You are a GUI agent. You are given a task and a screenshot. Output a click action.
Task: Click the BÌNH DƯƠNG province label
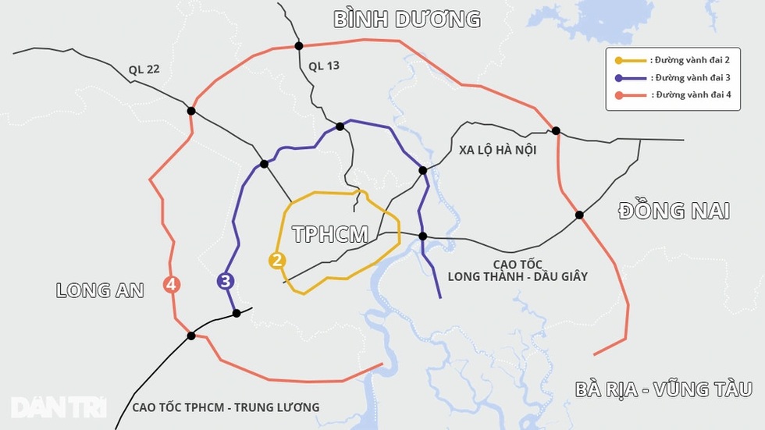pyautogui.click(x=407, y=20)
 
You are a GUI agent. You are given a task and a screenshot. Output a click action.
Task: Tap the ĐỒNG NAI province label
pyautogui.click(x=674, y=211)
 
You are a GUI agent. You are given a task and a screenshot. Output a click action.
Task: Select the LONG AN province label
pyautogui.click(x=100, y=290)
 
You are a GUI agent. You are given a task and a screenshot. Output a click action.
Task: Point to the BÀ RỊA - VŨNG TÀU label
pyautogui.click(x=663, y=389)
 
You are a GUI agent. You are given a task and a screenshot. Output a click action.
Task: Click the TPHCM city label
pyautogui.click(x=329, y=233)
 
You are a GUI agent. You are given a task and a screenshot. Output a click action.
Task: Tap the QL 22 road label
pyautogui.click(x=144, y=69)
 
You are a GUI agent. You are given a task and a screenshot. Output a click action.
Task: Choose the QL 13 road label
pyautogui.click(x=324, y=66)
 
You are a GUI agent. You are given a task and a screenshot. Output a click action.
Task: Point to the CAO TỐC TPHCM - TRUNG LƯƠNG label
pyautogui.click(x=226, y=407)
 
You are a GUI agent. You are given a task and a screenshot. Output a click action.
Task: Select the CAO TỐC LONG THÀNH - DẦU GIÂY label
pyautogui.click(x=518, y=270)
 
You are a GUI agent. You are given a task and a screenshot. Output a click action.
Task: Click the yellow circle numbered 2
pyautogui.click(x=276, y=261)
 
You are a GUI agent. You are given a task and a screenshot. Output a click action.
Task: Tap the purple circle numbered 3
pyautogui.click(x=226, y=282)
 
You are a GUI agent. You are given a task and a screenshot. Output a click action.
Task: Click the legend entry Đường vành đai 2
pyautogui.click(x=673, y=60)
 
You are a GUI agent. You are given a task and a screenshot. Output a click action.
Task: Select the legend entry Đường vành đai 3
pyautogui.click(x=673, y=78)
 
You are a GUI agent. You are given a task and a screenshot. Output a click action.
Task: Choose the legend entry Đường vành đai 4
pyautogui.click(x=673, y=95)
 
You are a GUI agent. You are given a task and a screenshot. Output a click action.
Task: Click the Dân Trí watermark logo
pyautogui.click(x=59, y=407)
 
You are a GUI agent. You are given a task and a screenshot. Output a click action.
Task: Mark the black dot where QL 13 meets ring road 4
pyautogui.click(x=298, y=46)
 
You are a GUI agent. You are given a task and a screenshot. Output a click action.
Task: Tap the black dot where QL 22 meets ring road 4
pyautogui.click(x=191, y=111)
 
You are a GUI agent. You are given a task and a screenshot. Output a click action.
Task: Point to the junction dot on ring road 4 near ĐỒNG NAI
pyautogui.click(x=579, y=215)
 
